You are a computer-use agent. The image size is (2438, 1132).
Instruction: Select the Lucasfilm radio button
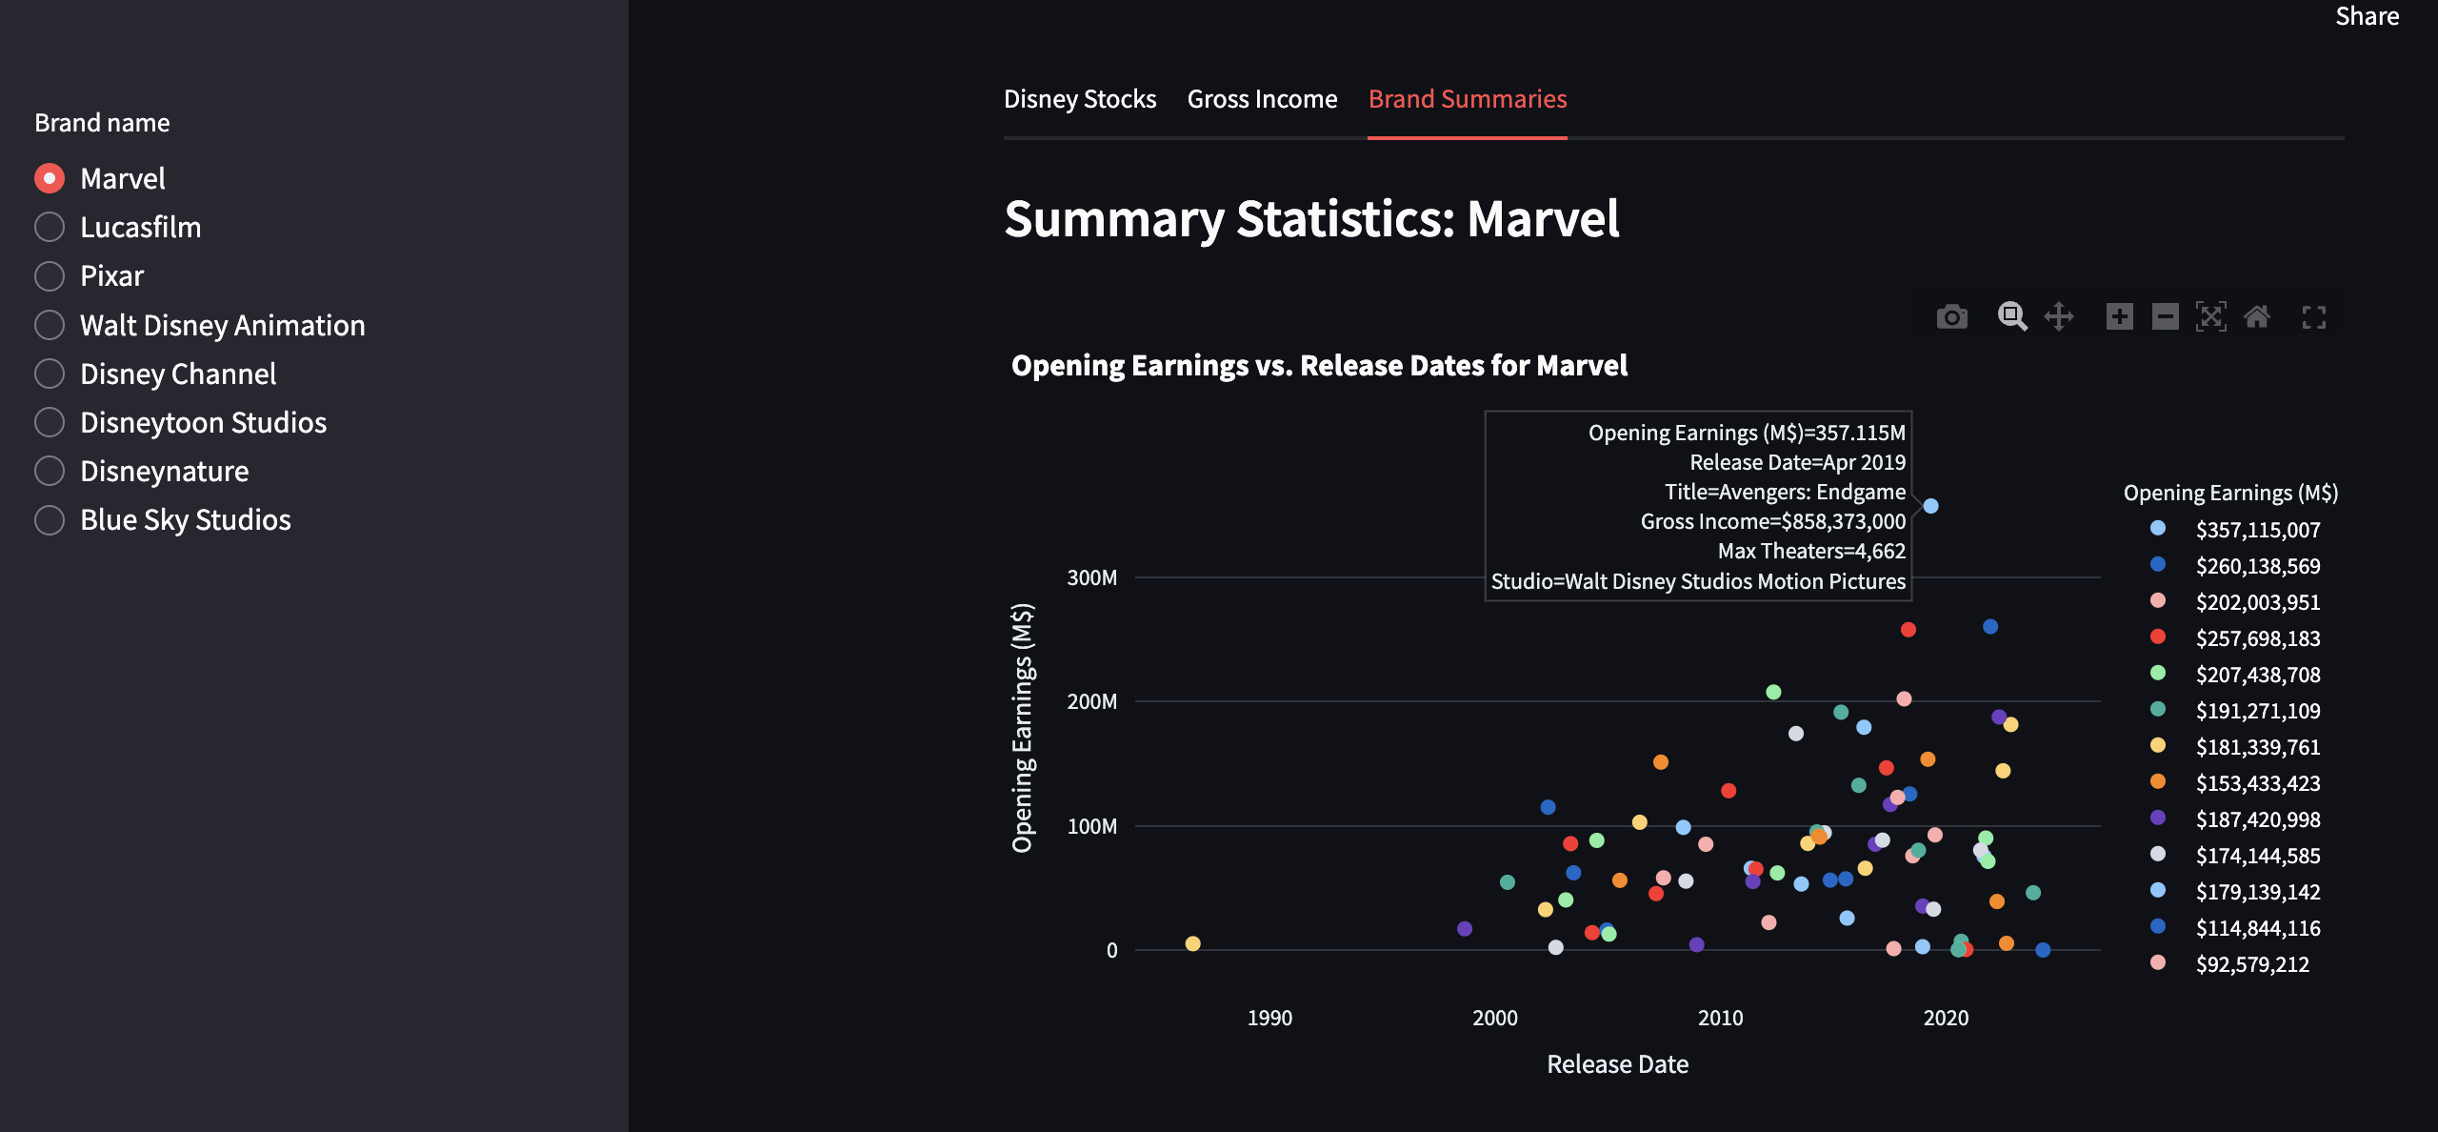(50, 227)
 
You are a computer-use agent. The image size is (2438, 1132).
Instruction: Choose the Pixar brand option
(50, 276)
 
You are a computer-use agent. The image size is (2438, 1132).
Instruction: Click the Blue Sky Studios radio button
(50, 520)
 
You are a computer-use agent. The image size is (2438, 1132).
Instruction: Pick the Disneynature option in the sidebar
(50, 472)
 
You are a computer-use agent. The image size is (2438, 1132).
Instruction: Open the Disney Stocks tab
(1079, 99)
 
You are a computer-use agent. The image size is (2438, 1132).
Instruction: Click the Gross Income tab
(1262, 99)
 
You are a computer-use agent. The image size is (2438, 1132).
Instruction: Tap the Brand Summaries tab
(1467, 99)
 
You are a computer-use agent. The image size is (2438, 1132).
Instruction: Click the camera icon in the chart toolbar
(1951, 317)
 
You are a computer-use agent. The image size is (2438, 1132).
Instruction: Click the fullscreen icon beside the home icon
(2313, 317)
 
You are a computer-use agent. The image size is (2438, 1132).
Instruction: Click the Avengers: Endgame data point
(1930, 506)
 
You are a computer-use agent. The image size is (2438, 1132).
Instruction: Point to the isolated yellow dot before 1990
(1192, 943)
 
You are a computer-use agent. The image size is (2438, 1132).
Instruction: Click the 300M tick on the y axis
(1091, 578)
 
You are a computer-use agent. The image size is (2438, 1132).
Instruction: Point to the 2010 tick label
(1720, 1018)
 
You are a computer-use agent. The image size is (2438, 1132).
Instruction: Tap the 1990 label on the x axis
(1269, 1018)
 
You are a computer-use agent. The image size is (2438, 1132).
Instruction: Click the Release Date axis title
(1617, 1064)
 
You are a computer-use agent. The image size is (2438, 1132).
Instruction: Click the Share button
(2367, 16)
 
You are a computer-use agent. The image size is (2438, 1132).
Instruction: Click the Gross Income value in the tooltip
(1772, 521)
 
